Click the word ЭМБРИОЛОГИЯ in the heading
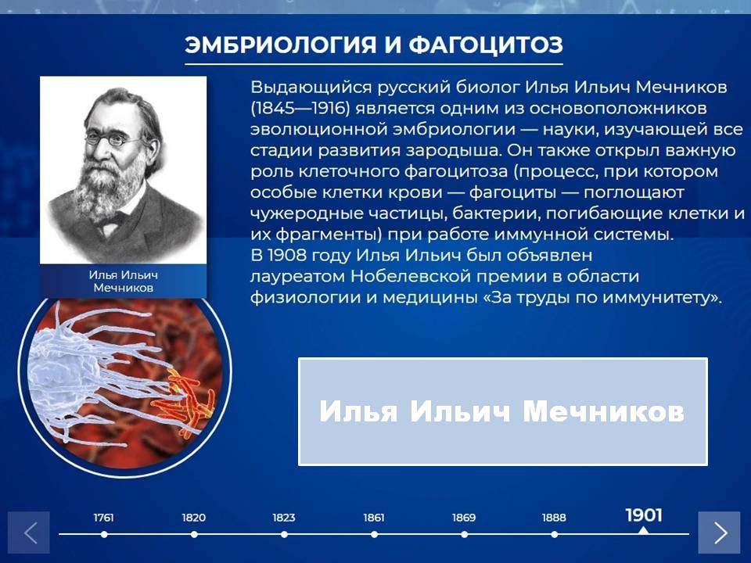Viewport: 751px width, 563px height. (281, 45)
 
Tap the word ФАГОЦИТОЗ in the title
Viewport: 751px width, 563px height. (485, 45)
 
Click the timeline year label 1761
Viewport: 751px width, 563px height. (103, 518)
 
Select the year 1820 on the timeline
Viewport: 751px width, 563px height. (193, 518)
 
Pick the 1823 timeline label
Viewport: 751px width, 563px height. (284, 518)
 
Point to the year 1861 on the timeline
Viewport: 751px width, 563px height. (374, 518)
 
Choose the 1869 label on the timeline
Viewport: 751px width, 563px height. (464, 518)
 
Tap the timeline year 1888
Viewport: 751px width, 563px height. (554, 518)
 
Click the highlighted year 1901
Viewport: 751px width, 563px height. (644, 515)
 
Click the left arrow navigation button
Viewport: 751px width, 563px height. (29, 533)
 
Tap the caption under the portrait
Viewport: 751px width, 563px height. (123, 281)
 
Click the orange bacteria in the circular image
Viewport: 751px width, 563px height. (183, 401)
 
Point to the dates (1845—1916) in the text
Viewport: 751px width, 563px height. (300, 108)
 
